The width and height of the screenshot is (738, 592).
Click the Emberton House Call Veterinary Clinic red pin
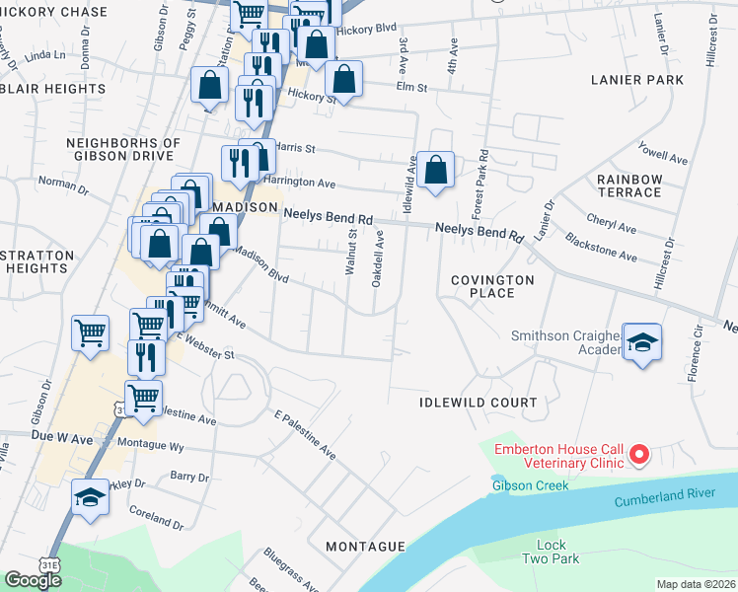pyautogui.click(x=638, y=455)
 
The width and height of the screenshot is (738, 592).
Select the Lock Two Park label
pyautogui.click(x=552, y=552)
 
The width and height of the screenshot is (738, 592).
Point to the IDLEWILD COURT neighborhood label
pyautogui.click(x=478, y=403)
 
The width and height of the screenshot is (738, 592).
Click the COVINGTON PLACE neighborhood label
pyautogui.click(x=492, y=286)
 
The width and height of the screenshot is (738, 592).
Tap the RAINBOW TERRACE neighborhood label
pyautogui.click(x=628, y=185)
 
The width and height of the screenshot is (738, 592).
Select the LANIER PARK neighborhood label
pyautogui.click(x=629, y=79)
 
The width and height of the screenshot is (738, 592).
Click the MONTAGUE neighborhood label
pyautogui.click(x=365, y=546)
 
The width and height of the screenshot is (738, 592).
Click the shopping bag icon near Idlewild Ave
pyautogui.click(x=435, y=171)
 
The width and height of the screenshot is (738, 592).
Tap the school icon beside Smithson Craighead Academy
pyautogui.click(x=642, y=342)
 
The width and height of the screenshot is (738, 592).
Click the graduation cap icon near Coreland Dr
pyautogui.click(x=90, y=496)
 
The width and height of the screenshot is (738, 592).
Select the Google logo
pyautogui.click(x=33, y=580)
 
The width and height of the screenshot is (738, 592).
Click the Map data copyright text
pyautogui.click(x=697, y=584)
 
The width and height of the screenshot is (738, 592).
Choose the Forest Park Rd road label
pyautogui.click(x=482, y=185)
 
